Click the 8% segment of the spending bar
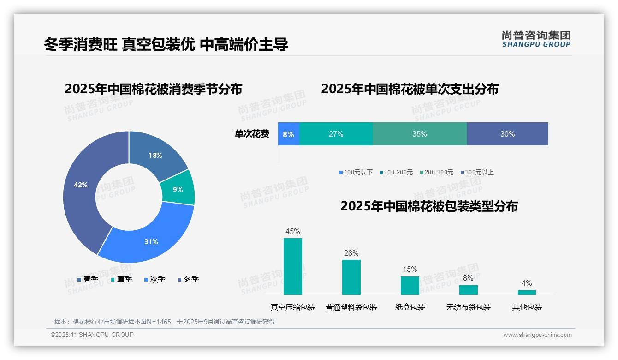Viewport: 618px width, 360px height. click(289, 134)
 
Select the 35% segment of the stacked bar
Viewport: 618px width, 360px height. click(420, 134)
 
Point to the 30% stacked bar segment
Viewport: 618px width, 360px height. click(507, 134)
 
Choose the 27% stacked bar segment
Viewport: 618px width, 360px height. click(336, 134)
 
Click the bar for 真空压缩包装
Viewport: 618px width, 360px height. click(293, 266)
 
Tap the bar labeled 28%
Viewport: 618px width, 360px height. click(351, 277)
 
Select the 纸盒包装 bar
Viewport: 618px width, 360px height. click(410, 285)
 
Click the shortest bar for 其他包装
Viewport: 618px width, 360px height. click(527, 292)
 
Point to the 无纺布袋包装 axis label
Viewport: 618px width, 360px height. click(468, 307)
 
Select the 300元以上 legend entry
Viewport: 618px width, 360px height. click(477, 172)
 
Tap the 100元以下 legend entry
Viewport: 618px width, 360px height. click(356, 172)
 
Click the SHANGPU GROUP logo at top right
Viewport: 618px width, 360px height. click(536, 39)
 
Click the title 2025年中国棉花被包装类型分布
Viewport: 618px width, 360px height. click(429, 206)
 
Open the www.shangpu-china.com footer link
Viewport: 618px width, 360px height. click(537, 335)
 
